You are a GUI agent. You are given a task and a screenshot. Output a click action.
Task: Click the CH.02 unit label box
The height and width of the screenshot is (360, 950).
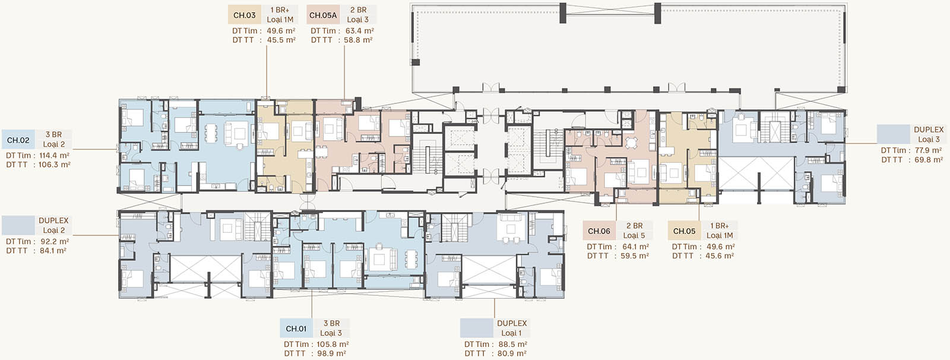pos(18,140)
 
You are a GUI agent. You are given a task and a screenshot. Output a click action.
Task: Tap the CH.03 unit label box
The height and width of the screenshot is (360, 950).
pos(245,15)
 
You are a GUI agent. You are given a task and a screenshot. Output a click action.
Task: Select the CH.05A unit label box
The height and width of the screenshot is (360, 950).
pos(323,15)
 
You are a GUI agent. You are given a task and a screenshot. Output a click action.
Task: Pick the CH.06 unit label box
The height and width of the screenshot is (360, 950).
pos(599,231)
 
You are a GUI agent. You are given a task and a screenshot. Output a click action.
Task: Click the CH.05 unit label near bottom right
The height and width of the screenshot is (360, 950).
pos(685,231)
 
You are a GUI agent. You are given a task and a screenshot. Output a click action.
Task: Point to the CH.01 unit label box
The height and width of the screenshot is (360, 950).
pos(296,329)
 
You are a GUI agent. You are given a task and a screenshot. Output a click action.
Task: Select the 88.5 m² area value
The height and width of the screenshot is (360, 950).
pos(513,345)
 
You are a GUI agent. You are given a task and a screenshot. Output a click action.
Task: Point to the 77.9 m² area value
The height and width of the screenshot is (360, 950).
pos(928,150)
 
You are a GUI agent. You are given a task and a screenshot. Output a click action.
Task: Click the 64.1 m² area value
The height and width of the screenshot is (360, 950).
pos(635,247)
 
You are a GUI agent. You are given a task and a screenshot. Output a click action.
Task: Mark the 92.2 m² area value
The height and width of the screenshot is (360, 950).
pos(54,242)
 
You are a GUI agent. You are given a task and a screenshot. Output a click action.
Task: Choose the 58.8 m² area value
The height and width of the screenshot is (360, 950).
pos(358,40)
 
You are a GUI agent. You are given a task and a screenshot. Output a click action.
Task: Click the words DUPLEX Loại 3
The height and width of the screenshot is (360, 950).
pos(929,134)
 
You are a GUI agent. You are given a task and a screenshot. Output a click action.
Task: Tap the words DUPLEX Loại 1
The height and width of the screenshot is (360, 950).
pos(511,328)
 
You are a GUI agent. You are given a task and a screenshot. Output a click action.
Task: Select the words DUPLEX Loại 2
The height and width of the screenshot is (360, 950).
pos(53,225)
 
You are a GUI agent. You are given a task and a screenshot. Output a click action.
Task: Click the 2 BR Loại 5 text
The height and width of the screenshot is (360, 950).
pos(634,230)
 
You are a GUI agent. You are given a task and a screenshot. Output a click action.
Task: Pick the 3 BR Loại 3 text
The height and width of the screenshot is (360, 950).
pos(331,328)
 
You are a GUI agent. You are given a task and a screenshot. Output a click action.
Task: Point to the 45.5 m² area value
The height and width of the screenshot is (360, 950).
pos(281,40)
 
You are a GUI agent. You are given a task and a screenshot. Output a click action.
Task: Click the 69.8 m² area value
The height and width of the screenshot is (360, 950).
pos(929,160)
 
